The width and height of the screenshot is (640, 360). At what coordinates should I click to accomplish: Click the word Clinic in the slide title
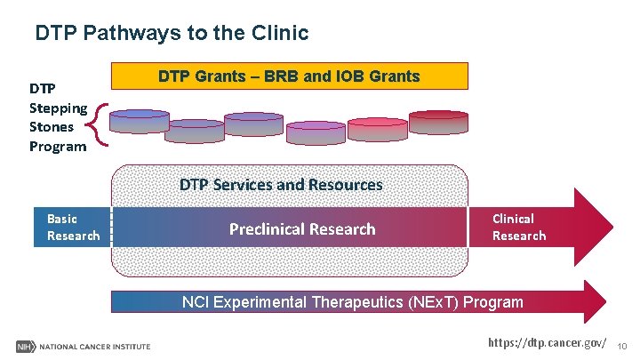click(281, 34)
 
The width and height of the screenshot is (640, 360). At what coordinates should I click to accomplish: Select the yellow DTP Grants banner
click(289, 76)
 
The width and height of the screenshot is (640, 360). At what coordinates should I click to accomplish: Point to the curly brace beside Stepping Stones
click(100, 125)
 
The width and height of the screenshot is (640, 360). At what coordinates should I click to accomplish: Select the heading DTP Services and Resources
click(281, 185)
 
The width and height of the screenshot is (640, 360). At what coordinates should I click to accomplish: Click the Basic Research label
click(73, 227)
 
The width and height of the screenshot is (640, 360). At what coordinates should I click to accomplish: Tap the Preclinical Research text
click(302, 229)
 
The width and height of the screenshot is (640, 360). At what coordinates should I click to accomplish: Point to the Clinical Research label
click(519, 227)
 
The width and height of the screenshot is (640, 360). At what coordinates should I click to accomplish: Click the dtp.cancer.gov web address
click(548, 342)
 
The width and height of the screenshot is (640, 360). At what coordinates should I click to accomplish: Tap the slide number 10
click(621, 345)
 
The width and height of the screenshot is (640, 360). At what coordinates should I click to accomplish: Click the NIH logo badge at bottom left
click(24, 346)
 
